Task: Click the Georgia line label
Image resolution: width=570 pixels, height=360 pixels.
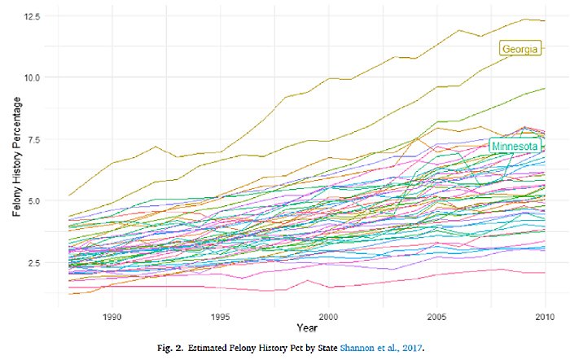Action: point(519,50)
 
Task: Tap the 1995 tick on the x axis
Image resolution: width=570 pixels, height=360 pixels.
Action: point(220,315)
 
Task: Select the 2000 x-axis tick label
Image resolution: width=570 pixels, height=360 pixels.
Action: point(328,315)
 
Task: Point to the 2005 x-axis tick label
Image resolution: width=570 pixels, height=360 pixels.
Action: point(436,315)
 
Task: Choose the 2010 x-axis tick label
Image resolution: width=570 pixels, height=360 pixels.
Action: point(544,315)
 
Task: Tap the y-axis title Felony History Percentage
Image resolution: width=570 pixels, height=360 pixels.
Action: point(17,163)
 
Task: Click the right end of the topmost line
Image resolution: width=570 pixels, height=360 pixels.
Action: point(544,20)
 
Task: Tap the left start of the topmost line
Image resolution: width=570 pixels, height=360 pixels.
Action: point(69,195)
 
